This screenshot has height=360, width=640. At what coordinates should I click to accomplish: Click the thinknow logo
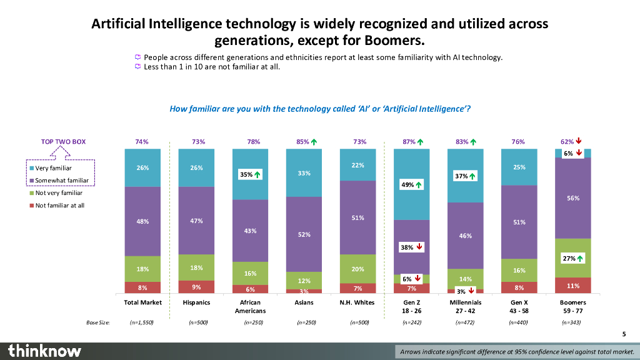(44, 351)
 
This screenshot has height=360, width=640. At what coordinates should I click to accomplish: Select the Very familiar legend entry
(53, 168)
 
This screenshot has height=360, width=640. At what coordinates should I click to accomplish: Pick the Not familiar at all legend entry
(59, 205)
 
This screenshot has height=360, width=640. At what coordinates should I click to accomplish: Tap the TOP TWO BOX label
(63, 142)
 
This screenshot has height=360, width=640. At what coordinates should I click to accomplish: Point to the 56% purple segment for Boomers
(573, 198)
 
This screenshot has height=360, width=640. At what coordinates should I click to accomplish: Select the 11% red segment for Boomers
(573, 286)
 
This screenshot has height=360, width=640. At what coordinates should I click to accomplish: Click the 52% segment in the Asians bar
(304, 234)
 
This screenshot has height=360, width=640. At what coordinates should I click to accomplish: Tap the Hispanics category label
(196, 302)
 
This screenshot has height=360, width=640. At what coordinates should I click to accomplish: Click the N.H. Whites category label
(358, 302)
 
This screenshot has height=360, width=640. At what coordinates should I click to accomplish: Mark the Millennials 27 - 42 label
(465, 306)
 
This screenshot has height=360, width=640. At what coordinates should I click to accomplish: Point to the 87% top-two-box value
(409, 142)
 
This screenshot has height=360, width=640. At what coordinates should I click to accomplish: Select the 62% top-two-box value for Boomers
(567, 142)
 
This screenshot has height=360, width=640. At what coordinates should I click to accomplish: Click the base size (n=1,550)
(142, 322)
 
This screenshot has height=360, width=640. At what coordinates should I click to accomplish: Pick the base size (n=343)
(572, 322)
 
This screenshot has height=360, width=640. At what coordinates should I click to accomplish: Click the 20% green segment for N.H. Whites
(358, 269)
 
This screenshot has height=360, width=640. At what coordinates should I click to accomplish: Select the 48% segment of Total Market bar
(142, 221)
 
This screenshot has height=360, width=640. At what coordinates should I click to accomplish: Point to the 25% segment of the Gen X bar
(519, 167)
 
